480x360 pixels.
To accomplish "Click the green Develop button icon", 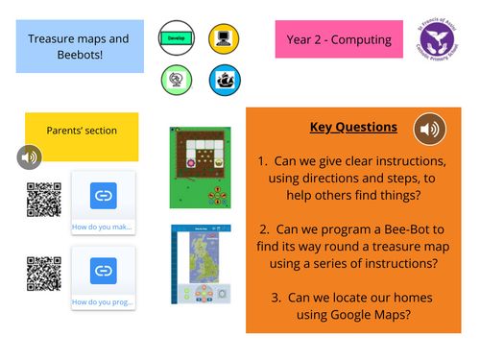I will tap(177, 39).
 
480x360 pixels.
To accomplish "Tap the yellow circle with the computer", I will tap(224, 39).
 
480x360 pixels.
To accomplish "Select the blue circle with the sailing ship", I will tap(224, 80).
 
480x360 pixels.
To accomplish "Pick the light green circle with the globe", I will tap(177, 80).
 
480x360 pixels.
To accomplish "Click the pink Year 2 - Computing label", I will tap(339, 40).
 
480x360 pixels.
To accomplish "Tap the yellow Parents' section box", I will tap(81, 131).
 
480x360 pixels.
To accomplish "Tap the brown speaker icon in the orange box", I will tap(429, 129).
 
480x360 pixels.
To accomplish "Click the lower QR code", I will tap(44, 274).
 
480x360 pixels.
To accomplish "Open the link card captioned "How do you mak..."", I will tap(103, 203).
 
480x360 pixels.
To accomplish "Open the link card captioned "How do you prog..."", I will tap(103, 277).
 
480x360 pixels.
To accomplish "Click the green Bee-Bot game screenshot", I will tap(200, 165).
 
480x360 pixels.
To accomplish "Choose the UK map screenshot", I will tap(200, 266).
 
